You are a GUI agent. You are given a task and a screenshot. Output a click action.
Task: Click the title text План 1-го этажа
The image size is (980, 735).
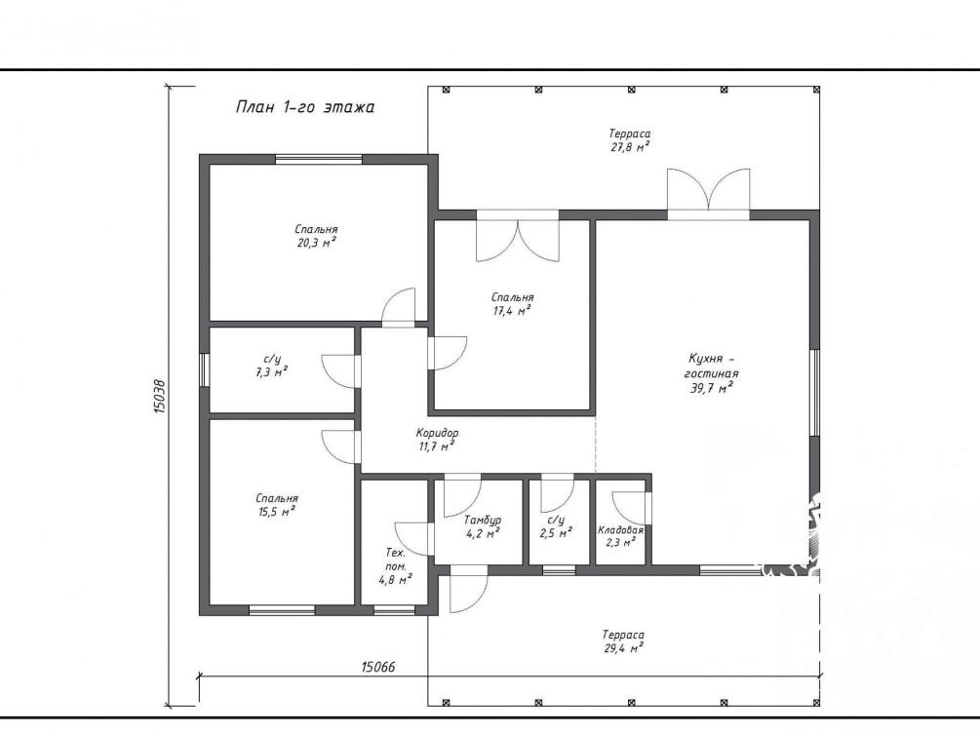[x=305, y=107]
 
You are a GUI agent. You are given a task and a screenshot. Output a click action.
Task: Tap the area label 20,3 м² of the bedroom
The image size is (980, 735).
[x=316, y=243]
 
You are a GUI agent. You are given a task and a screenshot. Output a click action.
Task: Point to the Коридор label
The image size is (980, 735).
[x=437, y=433]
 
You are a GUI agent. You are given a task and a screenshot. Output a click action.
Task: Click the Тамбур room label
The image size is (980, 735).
[x=483, y=520]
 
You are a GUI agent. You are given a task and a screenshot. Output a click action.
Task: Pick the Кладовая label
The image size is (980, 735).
[x=620, y=530]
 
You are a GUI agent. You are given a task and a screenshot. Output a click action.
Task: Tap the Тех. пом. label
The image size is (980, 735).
[x=395, y=560]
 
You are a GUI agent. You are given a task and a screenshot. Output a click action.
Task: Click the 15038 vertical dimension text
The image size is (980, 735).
[x=159, y=396]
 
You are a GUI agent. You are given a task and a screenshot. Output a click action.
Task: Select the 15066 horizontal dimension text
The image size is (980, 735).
[x=378, y=667]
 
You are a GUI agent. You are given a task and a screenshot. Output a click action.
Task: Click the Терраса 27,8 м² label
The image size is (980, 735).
[x=629, y=140]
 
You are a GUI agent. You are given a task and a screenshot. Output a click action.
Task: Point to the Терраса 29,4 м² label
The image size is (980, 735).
[x=624, y=641]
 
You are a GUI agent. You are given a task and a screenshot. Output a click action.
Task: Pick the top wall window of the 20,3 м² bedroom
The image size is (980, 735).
[x=319, y=159]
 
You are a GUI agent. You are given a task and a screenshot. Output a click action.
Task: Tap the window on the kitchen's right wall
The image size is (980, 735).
[x=814, y=392]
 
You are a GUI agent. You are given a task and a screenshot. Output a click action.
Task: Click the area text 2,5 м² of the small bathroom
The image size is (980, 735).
[x=556, y=533]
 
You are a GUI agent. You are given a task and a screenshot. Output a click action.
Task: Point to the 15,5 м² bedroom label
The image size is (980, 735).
[x=277, y=505]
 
